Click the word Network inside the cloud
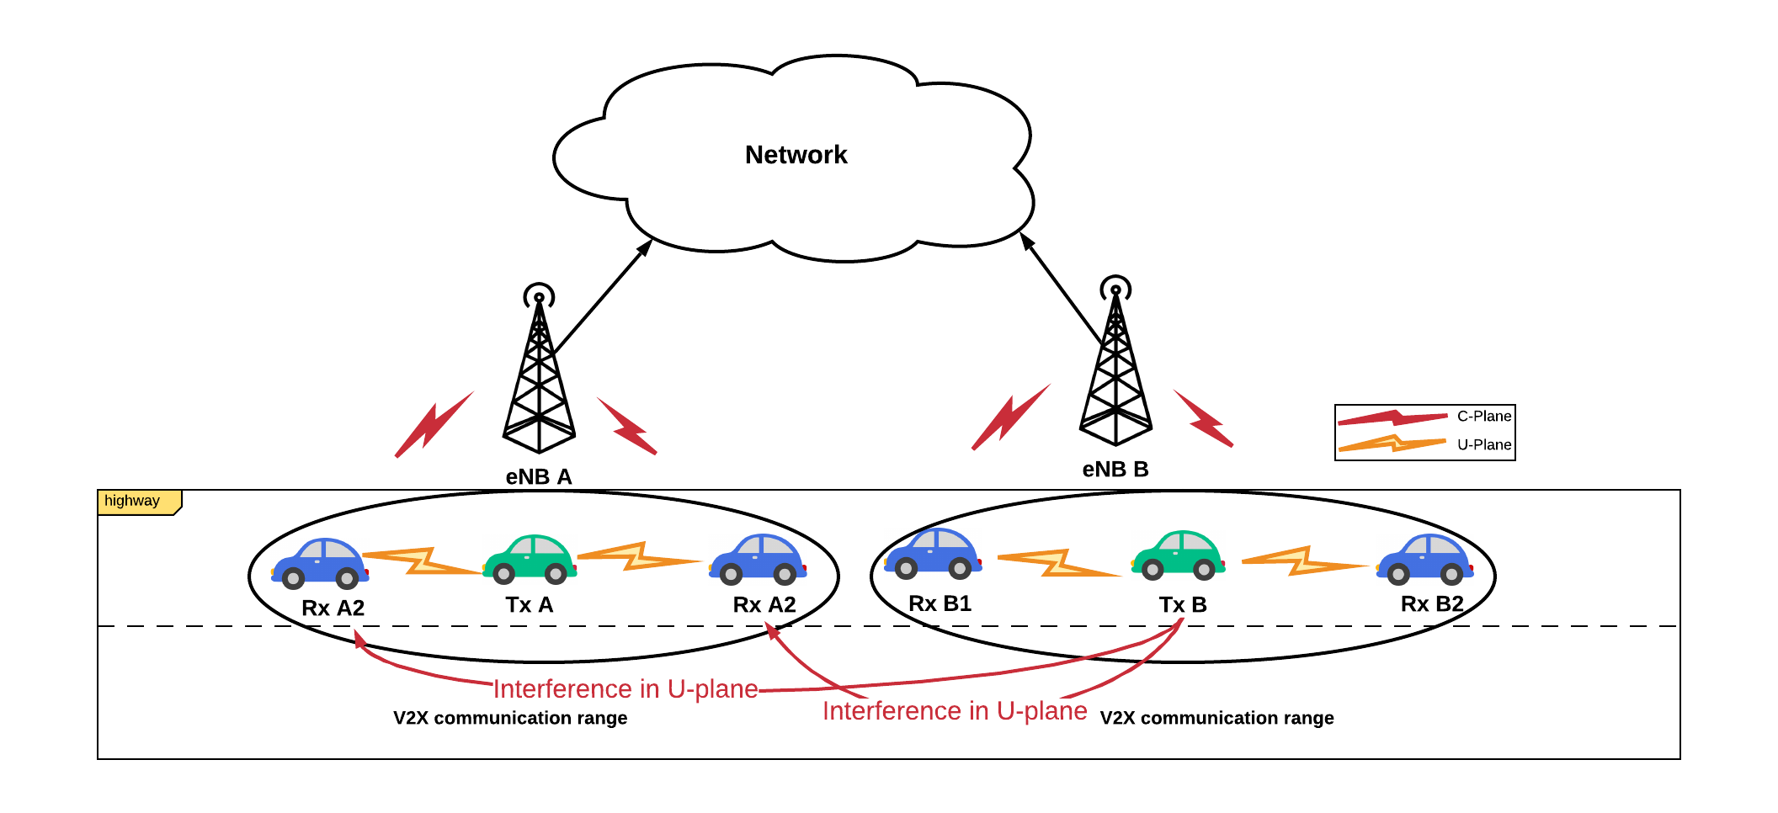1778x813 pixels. point(796,155)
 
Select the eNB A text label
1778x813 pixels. point(539,476)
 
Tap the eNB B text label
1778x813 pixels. point(1115,469)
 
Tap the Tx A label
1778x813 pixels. point(530,604)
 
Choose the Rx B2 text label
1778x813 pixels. point(1432,603)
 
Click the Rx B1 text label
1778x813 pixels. point(940,603)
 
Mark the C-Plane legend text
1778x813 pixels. point(1484,416)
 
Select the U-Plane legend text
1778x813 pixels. point(1484,444)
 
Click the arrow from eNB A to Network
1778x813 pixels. point(604,295)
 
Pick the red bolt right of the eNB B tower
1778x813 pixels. point(1204,418)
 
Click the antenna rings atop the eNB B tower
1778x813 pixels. point(1115,289)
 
